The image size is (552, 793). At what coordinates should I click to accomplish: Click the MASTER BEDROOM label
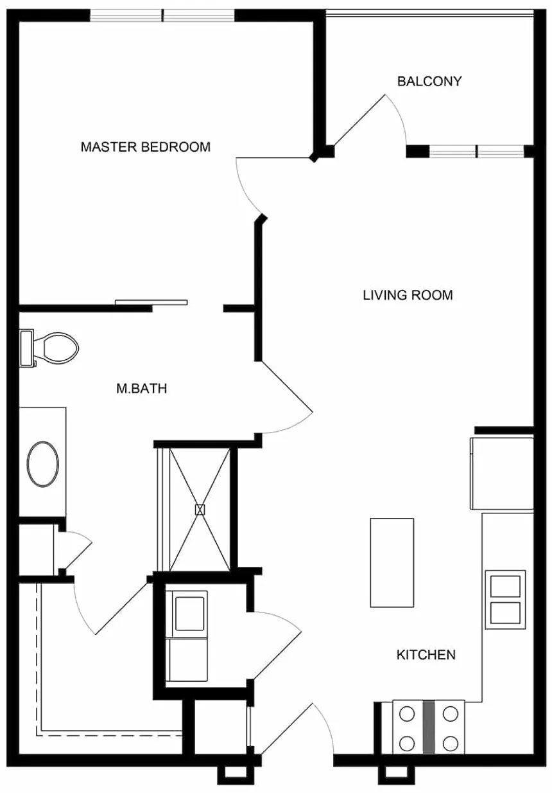pyautogui.click(x=145, y=147)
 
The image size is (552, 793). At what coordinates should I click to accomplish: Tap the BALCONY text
pyautogui.click(x=429, y=82)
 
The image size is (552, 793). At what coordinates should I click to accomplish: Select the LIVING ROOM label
pyautogui.click(x=408, y=296)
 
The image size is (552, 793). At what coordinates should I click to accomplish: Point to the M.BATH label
pyautogui.click(x=141, y=388)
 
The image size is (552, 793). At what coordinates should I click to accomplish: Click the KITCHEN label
pyautogui.click(x=426, y=655)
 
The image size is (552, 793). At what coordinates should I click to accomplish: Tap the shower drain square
pyautogui.click(x=200, y=510)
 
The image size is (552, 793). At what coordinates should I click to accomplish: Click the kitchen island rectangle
pyautogui.click(x=392, y=562)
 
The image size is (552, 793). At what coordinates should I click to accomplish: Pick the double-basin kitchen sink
pyautogui.click(x=505, y=599)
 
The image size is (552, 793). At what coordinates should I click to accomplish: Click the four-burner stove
pyautogui.click(x=428, y=727)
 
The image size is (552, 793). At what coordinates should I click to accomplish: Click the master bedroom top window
pyautogui.click(x=162, y=15)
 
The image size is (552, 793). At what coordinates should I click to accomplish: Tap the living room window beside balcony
pyautogui.click(x=476, y=152)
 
